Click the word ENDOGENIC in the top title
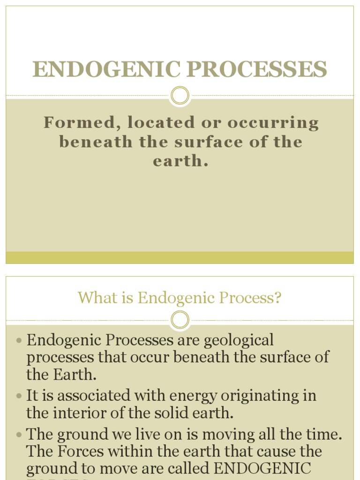click(x=107, y=70)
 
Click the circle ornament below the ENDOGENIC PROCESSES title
click(x=180, y=96)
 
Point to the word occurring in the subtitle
click(x=273, y=123)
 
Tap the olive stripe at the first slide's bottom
click(x=180, y=257)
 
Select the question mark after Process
click(x=278, y=298)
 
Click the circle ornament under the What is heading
click(x=180, y=321)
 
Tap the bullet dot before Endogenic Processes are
click(x=19, y=341)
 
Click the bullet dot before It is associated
click(x=19, y=396)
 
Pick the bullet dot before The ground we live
click(x=19, y=435)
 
